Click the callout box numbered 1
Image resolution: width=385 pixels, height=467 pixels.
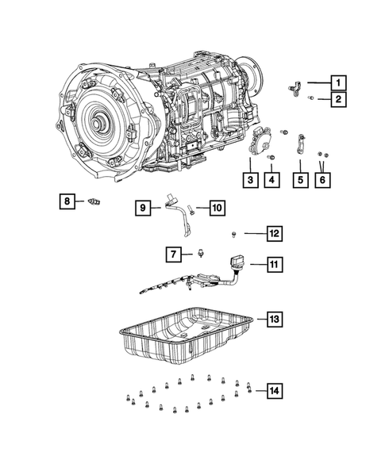click(x=338, y=82)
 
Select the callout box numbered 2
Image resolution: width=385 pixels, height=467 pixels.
click(x=338, y=99)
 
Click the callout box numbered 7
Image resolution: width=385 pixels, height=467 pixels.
click(x=171, y=254)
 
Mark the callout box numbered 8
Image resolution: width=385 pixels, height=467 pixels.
click(x=67, y=201)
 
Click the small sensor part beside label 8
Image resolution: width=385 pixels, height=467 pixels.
click(x=97, y=202)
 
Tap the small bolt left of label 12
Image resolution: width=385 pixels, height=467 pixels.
click(x=236, y=233)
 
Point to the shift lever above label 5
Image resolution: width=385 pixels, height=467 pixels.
click(x=302, y=147)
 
